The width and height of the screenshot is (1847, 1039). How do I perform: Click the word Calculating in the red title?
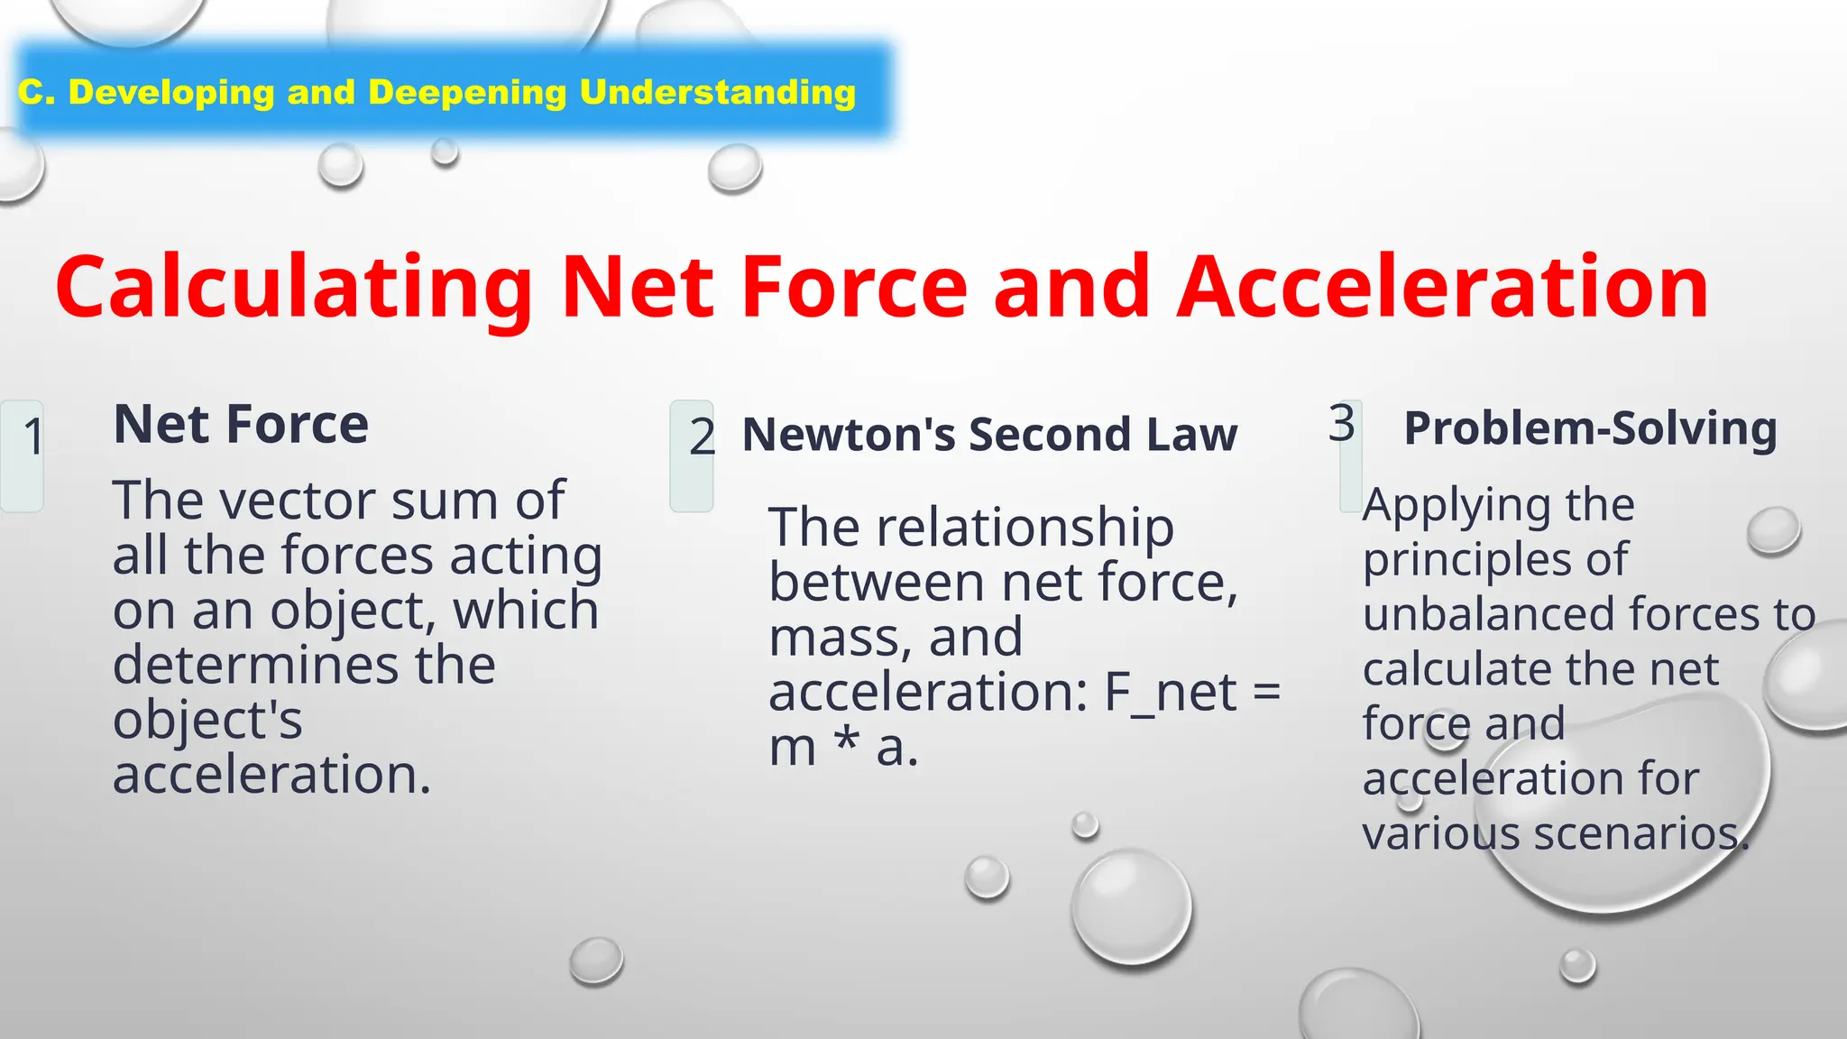[293, 289]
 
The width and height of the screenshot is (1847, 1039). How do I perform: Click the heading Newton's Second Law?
[989, 435]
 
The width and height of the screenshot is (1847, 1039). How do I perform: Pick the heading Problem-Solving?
[1591, 428]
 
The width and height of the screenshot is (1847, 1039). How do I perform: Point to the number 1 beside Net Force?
[33, 437]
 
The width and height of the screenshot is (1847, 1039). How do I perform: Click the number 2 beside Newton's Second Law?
[702, 437]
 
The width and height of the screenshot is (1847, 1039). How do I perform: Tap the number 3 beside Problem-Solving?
[1342, 423]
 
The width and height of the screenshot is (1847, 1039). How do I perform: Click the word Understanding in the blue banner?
[717, 92]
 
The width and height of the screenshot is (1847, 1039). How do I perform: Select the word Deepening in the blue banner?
[467, 92]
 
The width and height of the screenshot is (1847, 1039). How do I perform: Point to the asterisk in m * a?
[846, 745]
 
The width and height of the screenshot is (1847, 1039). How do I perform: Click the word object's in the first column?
[207, 721]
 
